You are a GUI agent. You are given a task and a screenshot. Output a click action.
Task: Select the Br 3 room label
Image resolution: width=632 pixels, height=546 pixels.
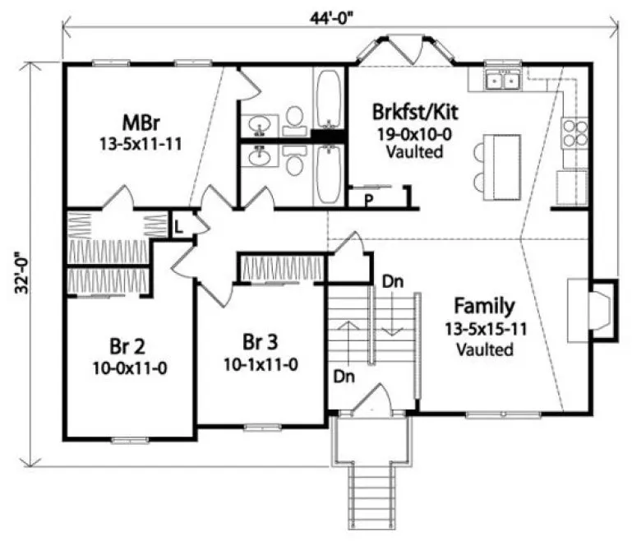(x=259, y=340)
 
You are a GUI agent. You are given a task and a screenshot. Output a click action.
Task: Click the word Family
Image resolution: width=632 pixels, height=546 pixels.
(x=485, y=307)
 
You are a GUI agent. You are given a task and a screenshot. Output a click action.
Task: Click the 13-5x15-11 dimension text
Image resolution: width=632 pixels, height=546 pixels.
(x=485, y=329)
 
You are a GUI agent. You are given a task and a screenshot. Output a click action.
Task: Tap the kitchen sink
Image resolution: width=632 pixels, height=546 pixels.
(x=502, y=80)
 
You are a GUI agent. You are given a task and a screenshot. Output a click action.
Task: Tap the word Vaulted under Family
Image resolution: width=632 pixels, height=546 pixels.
(x=485, y=349)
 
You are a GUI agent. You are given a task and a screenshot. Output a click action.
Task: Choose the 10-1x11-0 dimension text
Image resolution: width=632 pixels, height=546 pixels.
(x=259, y=363)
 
